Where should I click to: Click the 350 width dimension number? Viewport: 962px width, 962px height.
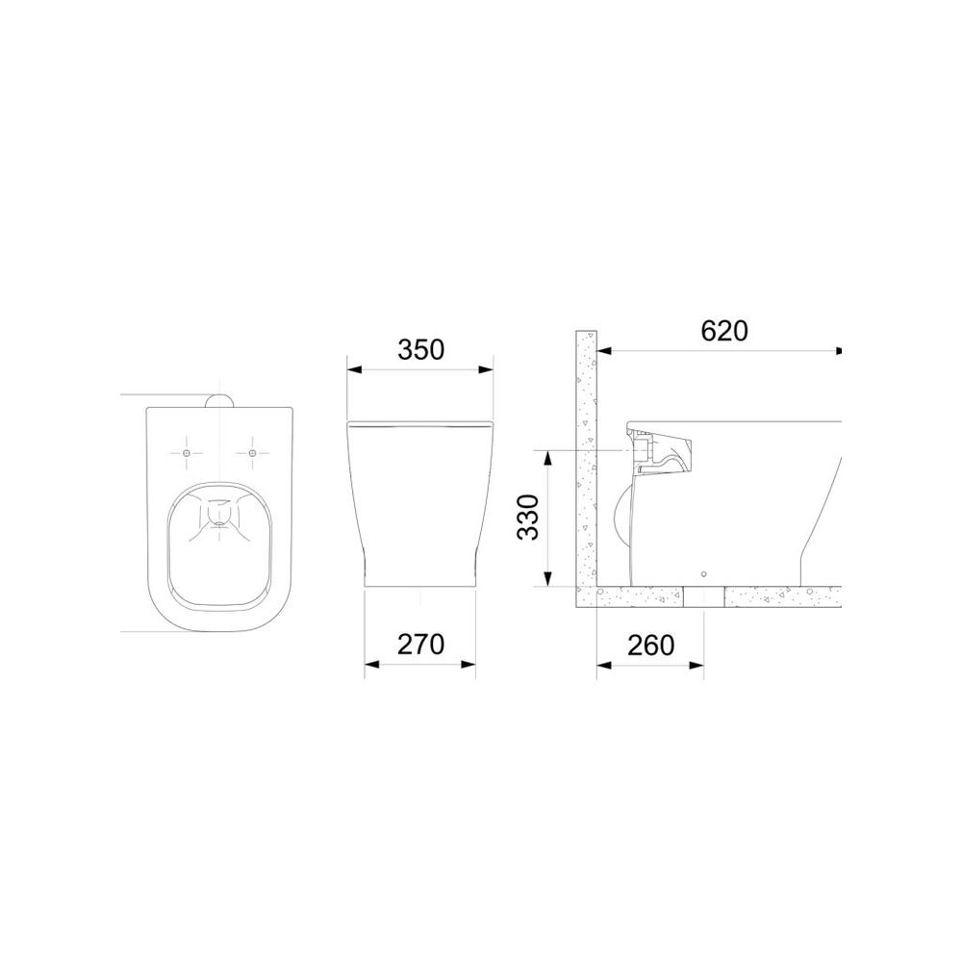click(420, 350)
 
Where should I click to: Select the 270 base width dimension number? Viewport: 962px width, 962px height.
click(420, 645)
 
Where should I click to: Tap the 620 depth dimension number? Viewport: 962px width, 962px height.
click(724, 331)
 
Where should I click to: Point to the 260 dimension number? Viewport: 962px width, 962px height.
click(650, 645)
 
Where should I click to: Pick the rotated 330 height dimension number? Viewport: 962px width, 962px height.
click(527, 517)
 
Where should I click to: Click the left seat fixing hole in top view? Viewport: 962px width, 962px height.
click(187, 453)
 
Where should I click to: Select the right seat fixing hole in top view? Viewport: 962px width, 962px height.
click(252, 453)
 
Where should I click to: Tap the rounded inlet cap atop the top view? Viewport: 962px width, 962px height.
click(219, 400)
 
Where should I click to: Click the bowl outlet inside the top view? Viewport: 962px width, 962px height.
click(219, 513)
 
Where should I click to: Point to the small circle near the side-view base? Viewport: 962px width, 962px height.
click(704, 574)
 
